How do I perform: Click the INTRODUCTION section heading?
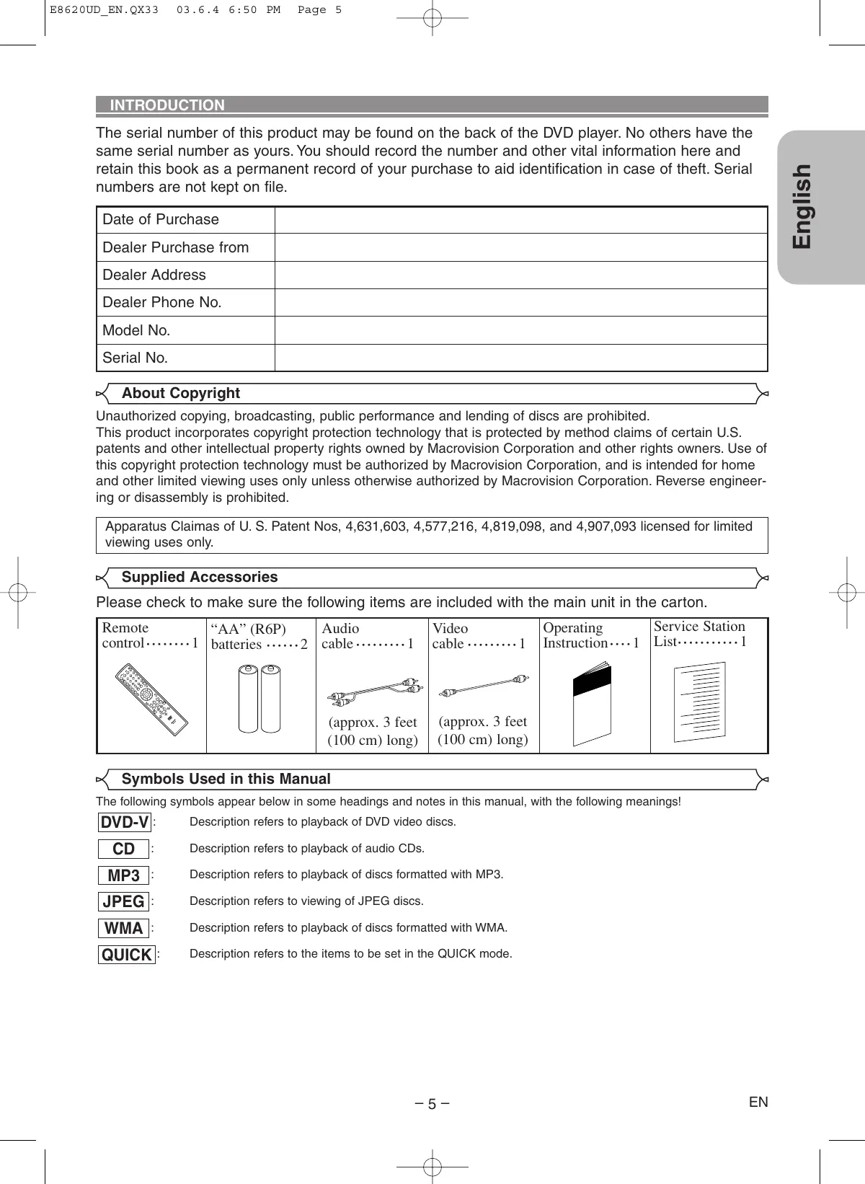(167, 105)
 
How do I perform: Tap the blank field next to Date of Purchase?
(520, 220)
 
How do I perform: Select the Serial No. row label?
(136, 358)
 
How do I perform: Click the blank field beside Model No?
(520, 330)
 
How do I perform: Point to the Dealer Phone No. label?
(162, 303)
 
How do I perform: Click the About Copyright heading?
(180, 394)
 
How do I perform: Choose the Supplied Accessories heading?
(199, 578)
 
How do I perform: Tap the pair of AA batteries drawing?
(259, 698)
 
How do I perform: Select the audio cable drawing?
(375, 691)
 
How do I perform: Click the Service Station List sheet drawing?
(699, 702)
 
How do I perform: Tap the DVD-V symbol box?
(125, 823)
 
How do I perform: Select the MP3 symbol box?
(124, 876)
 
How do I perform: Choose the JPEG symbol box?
(124, 902)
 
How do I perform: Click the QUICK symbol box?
(127, 955)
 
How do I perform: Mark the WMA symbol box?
(124, 929)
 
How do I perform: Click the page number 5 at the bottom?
(432, 1105)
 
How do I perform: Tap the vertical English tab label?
(803, 206)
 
